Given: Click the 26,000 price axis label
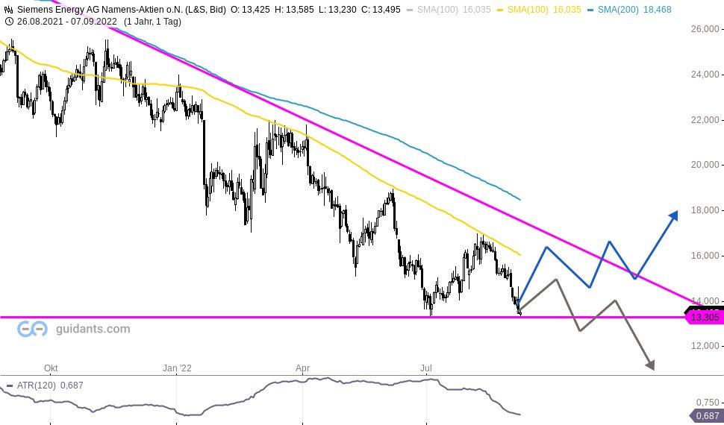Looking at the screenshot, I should click(x=705, y=29).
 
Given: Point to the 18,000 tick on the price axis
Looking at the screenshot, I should click(x=705, y=210).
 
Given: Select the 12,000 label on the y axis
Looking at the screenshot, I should click(x=705, y=346).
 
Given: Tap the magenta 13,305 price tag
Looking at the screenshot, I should click(x=704, y=318).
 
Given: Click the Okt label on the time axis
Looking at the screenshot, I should click(x=51, y=368).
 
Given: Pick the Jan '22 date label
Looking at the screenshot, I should click(x=177, y=368).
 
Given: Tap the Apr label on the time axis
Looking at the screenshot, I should click(x=302, y=368).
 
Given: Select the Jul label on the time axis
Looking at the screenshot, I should click(x=427, y=368).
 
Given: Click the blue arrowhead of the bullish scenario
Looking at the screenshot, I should click(x=673, y=215).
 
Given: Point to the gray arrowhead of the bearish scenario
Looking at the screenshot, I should click(x=650, y=365).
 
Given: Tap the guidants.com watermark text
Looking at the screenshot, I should click(x=92, y=329).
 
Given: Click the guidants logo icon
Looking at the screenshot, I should click(x=32, y=329).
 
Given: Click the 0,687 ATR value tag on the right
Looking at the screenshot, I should click(x=707, y=416).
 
